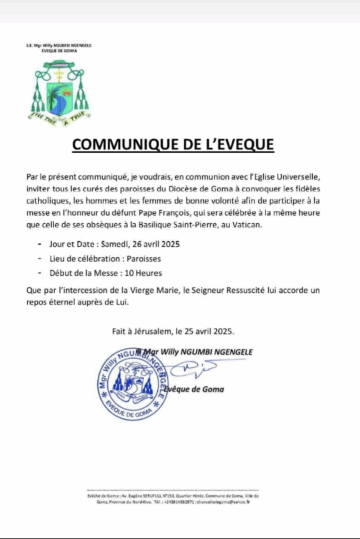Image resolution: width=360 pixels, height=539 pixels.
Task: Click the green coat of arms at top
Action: tap(59, 91)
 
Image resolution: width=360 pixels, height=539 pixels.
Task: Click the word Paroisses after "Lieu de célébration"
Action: tap(141, 258)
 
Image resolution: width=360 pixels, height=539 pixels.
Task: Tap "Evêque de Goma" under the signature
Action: tap(194, 390)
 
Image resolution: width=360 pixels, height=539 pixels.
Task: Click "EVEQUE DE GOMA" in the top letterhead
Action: tap(59, 51)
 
